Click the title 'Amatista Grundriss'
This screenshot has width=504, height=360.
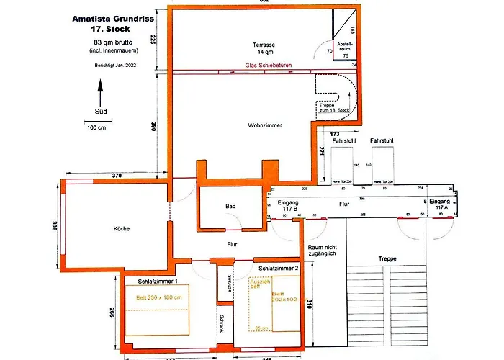[x=112, y=19]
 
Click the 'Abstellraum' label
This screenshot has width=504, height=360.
[x=345, y=45]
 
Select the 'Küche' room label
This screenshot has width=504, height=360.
[x=121, y=228]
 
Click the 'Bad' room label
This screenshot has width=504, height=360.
[x=230, y=207]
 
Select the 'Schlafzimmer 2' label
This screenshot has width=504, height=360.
[x=277, y=268]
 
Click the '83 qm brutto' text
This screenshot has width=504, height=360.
[x=112, y=43]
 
